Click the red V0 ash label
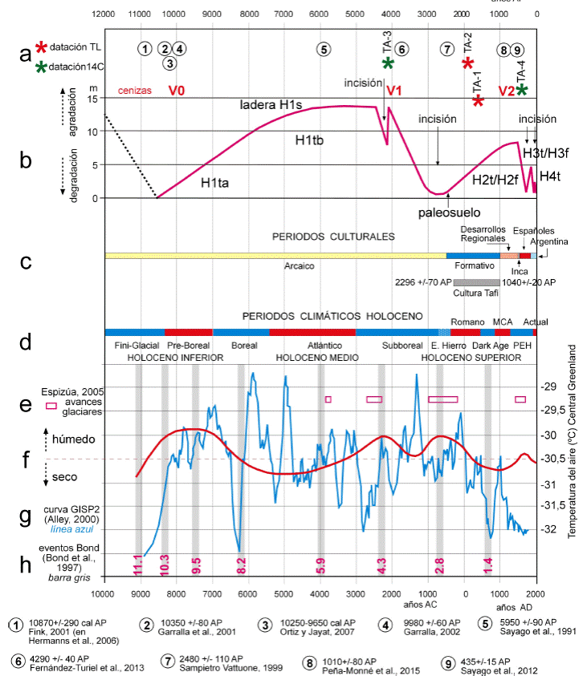tap(177, 90)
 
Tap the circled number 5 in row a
tap(324, 48)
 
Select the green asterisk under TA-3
tap(389, 63)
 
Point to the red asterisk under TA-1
tap(478, 101)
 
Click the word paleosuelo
tap(448, 213)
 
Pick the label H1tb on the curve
tap(308, 140)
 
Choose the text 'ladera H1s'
tap(270, 106)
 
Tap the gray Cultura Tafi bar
tap(476, 282)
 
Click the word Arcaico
tap(299, 266)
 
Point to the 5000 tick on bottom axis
tap(283, 594)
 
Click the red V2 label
tap(507, 90)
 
